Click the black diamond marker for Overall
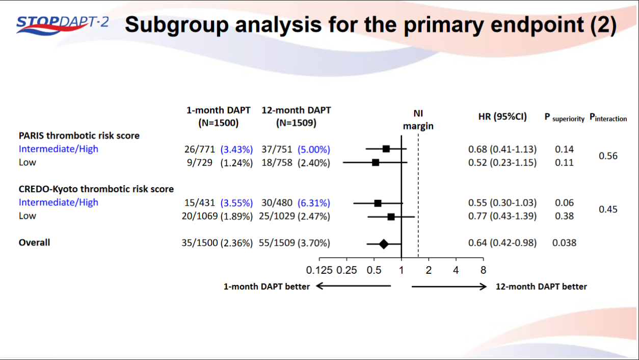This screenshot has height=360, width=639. coord(384,244)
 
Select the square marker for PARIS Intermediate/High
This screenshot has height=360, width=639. coord(386,149)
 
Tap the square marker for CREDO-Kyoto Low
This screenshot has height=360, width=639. coord(391,217)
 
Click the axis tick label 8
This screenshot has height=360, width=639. coord(483,270)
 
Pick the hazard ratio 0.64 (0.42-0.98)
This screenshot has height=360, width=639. coord(502,243)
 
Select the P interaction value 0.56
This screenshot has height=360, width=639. coord(607,156)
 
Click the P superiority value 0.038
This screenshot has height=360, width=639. coord(564,243)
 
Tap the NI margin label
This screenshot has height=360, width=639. coord(418,120)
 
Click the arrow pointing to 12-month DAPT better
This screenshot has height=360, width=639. coord(449,287)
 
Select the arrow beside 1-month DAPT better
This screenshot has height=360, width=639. coord(353,287)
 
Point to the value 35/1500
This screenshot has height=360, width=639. coord(199,243)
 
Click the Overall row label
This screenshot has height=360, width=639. coord(34,243)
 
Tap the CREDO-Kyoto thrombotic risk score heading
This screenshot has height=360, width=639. coord(96,189)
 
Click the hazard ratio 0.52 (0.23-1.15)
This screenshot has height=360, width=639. coord(502,163)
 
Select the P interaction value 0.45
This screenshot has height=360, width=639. coord(607,209)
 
